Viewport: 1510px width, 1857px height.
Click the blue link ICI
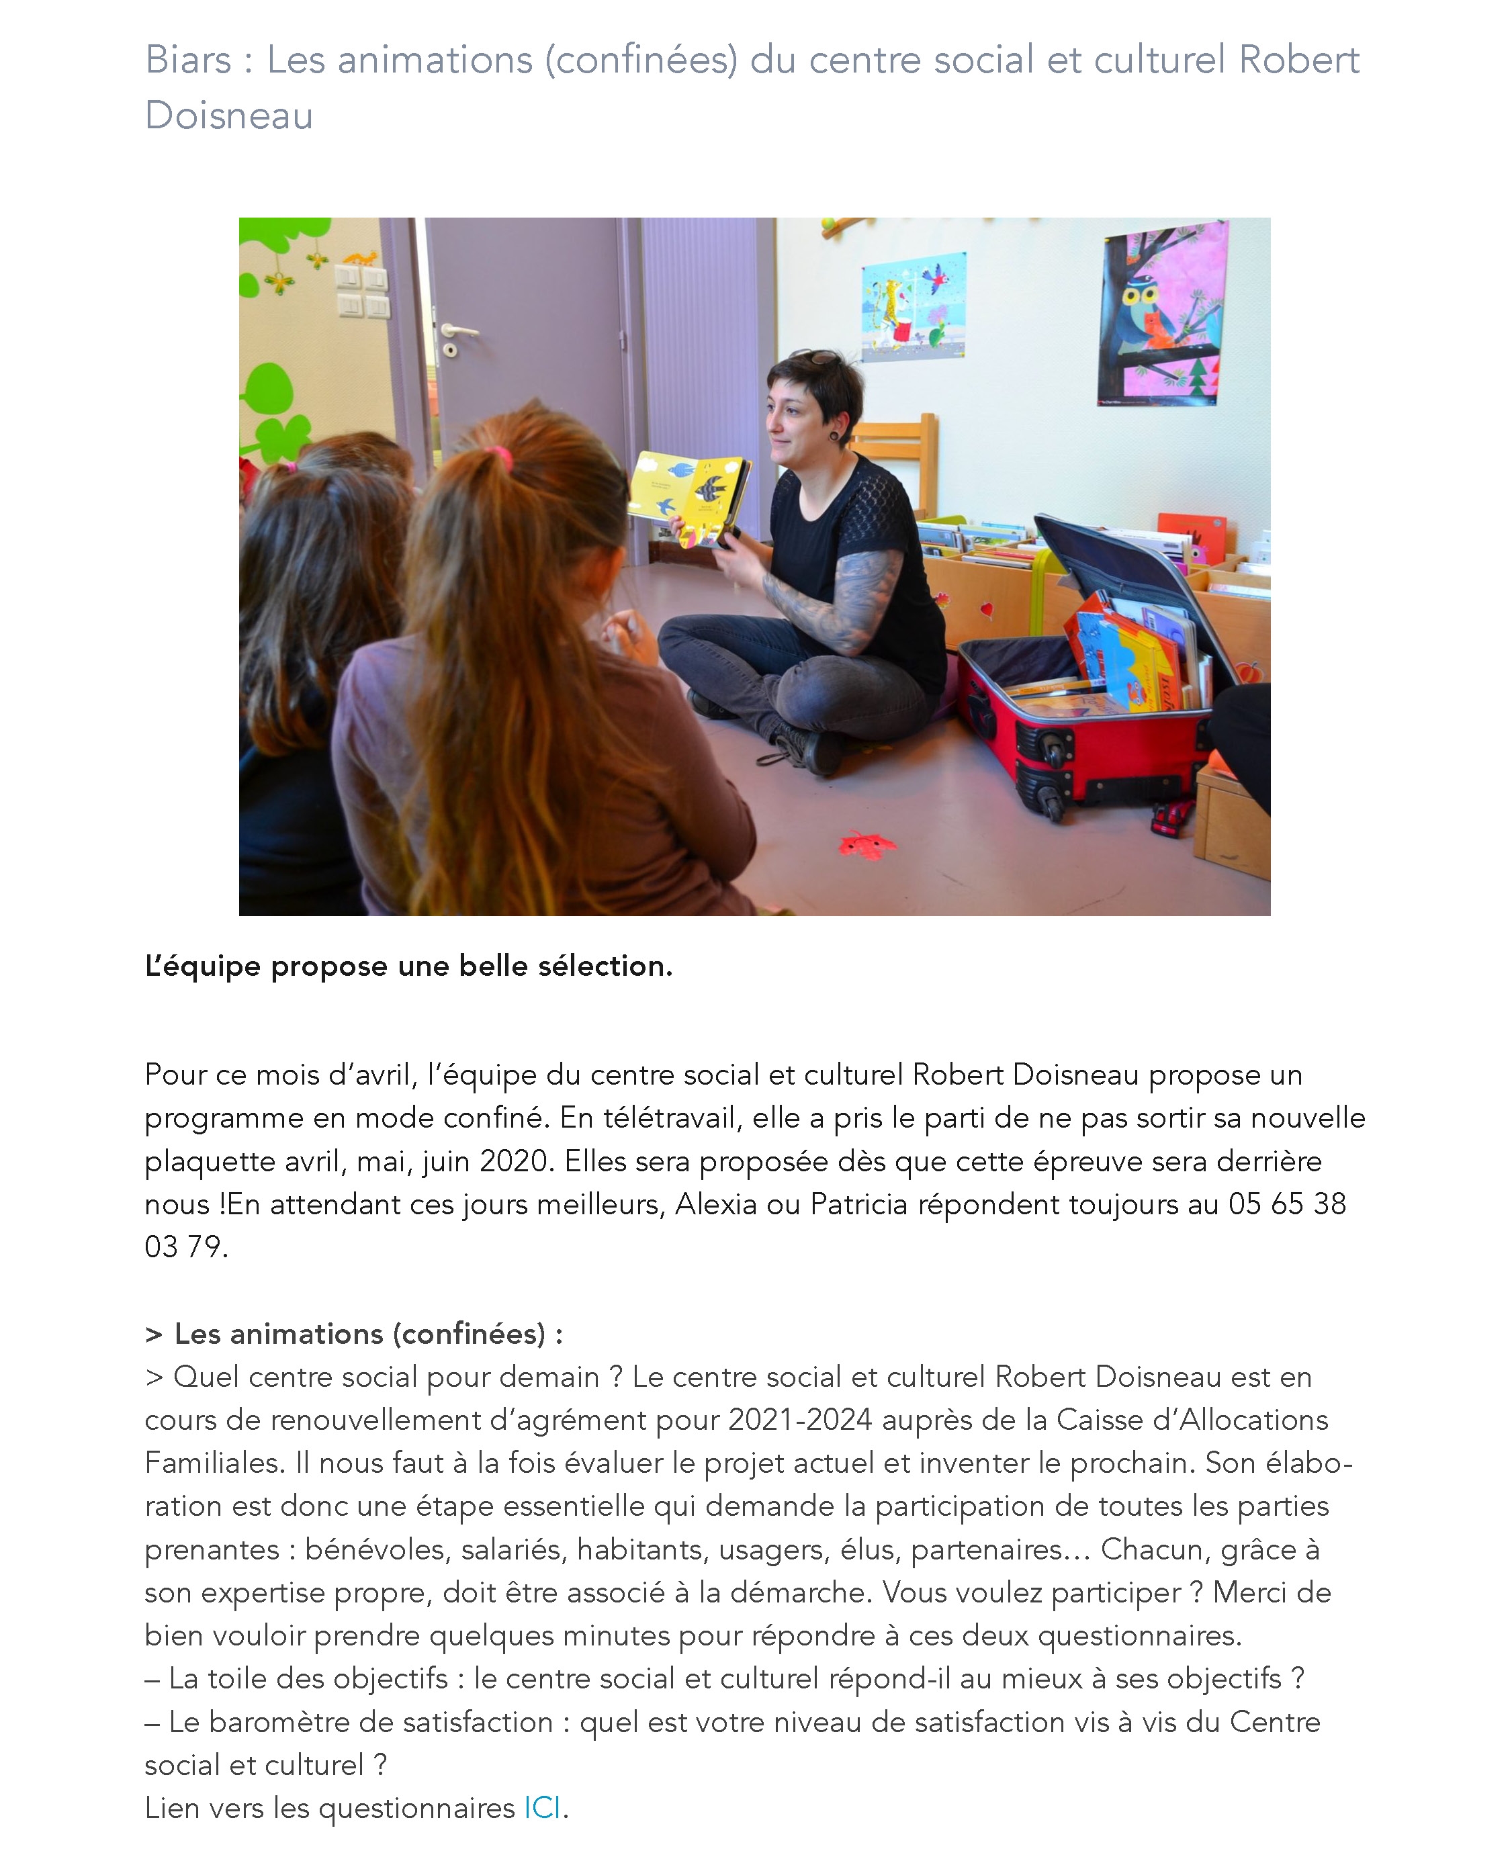point(541,1807)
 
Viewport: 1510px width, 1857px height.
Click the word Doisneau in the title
point(229,116)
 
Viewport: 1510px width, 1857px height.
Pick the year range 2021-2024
point(799,1420)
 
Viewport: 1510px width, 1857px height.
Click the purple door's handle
point(458,331)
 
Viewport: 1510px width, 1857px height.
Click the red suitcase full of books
point(1087,696)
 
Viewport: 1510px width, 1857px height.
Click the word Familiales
point(214,1463)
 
